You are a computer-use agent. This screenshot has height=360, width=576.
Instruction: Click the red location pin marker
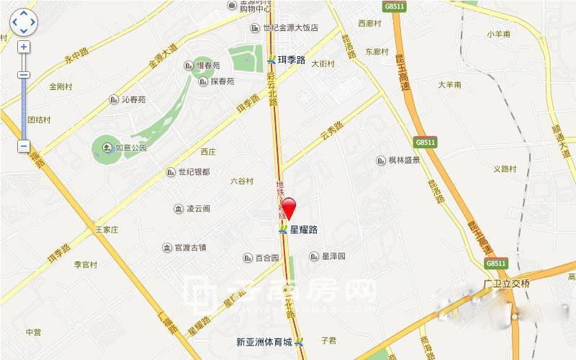point(288,207)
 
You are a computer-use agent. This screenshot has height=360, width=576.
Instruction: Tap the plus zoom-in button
point(24,47)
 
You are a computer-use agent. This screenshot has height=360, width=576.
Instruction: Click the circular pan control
point(24,22)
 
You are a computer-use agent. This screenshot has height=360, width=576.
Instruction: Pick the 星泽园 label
point(334,256)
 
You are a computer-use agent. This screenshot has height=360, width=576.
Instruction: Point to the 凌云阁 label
point(198,209)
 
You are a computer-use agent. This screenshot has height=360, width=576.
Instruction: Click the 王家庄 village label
point(106,230)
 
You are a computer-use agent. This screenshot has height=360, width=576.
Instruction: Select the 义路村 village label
point(505,169)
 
